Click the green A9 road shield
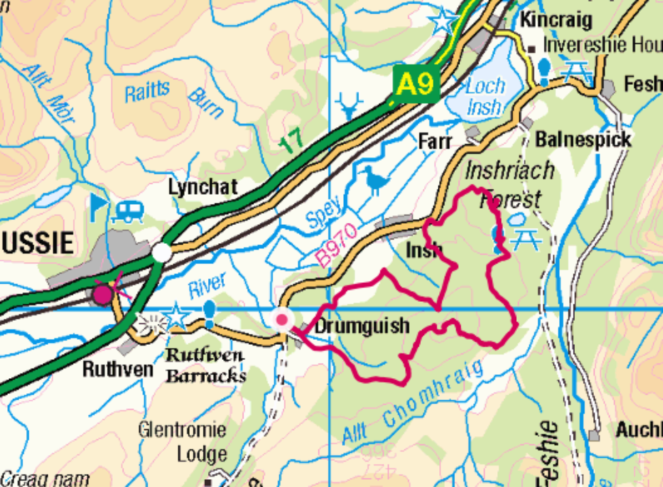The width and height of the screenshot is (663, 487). click(415, 84)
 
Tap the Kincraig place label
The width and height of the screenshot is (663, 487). click(556, 20)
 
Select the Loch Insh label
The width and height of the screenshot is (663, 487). click(484, 97)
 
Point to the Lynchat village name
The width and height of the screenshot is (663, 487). click(203, 187)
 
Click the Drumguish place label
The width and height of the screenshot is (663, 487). click(362, 326)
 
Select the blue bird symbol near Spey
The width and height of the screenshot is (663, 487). click(374, 180)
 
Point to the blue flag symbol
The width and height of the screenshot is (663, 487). click(99, 207)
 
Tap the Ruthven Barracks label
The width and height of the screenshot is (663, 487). click(205, 366)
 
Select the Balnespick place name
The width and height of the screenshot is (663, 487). click(583, 140)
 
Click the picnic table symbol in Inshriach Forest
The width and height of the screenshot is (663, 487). click(526, 239)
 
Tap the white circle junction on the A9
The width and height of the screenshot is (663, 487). click(161, 253)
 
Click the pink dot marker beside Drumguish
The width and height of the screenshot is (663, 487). click(282, 320)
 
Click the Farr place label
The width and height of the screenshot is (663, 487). click(435, 142)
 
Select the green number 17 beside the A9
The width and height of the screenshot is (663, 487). click(292, 140)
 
